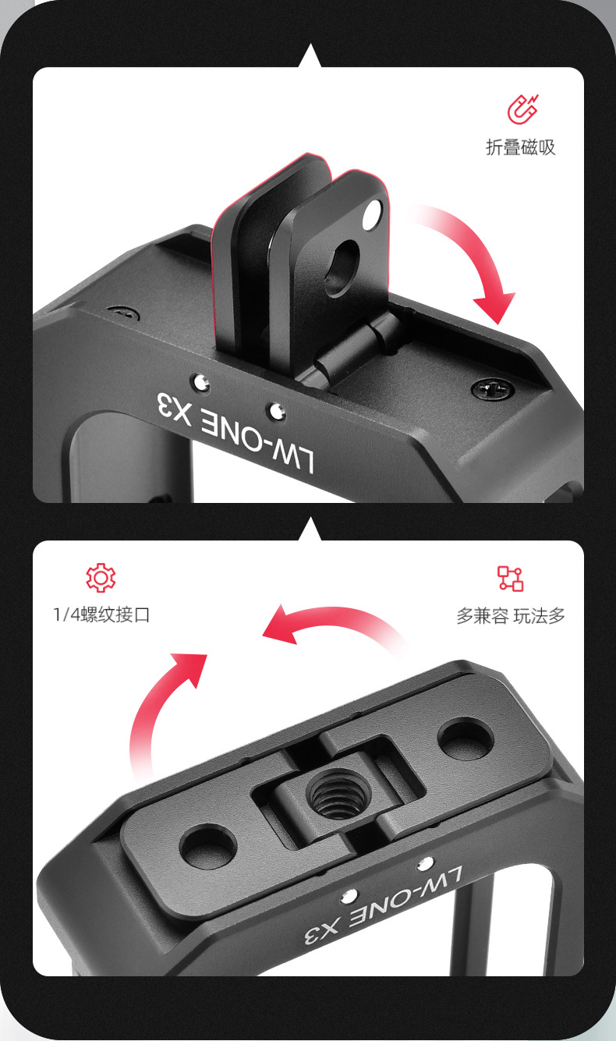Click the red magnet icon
522,109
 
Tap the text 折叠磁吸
521,147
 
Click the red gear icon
101,578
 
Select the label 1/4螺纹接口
101,615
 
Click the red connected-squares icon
511,578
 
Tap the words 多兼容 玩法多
511,616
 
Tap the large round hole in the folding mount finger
342,267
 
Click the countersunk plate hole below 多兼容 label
465,737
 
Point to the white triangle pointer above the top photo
310,56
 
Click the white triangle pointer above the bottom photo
310,529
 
